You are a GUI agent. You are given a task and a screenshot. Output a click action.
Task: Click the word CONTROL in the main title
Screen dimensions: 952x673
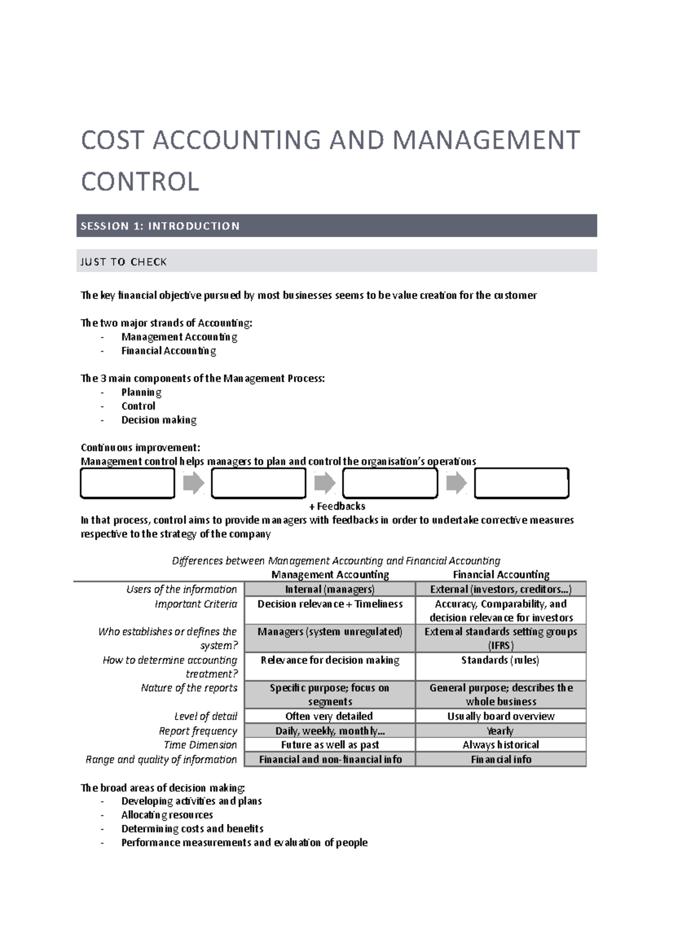pos(140,182)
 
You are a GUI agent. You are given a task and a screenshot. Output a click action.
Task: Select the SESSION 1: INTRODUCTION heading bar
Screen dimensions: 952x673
pos(336,226)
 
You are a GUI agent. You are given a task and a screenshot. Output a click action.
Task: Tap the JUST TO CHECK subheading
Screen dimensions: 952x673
pos(124,262)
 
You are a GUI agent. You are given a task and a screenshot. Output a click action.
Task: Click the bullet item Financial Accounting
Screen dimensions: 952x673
pos(168,351)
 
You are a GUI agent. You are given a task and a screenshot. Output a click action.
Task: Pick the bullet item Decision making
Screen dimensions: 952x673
pos(159,420)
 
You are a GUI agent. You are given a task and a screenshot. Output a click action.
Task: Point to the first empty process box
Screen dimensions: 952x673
pos(127,483)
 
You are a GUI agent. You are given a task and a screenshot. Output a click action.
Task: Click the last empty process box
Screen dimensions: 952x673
pos(522,483)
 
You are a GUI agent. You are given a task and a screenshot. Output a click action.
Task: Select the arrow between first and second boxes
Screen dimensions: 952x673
pos(193,483)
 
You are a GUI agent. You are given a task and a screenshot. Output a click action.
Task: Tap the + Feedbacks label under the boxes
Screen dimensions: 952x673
pos(337,506)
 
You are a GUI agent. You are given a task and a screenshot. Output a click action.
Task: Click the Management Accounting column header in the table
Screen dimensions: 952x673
pos(330,575)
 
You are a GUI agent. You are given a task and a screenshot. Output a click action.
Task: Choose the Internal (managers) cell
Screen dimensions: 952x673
pos(330,589)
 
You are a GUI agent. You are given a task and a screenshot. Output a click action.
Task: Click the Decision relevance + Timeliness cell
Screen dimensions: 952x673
pos(330,604)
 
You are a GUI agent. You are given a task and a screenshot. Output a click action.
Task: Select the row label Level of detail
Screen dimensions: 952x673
pos(205,717)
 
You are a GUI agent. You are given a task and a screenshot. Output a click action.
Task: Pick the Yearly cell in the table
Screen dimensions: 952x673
pos(500,731)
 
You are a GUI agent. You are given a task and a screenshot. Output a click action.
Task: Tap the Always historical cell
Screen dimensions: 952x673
pos(500,745)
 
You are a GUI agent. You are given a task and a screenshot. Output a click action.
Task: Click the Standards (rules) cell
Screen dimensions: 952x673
pos(500,660)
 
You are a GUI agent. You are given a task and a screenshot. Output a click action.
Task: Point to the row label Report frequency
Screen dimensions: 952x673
pos(197,731)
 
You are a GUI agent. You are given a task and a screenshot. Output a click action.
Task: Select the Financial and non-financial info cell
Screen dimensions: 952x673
pos(330,760)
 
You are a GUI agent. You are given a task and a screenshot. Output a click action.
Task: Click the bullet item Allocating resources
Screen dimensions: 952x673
pos(167,815)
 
